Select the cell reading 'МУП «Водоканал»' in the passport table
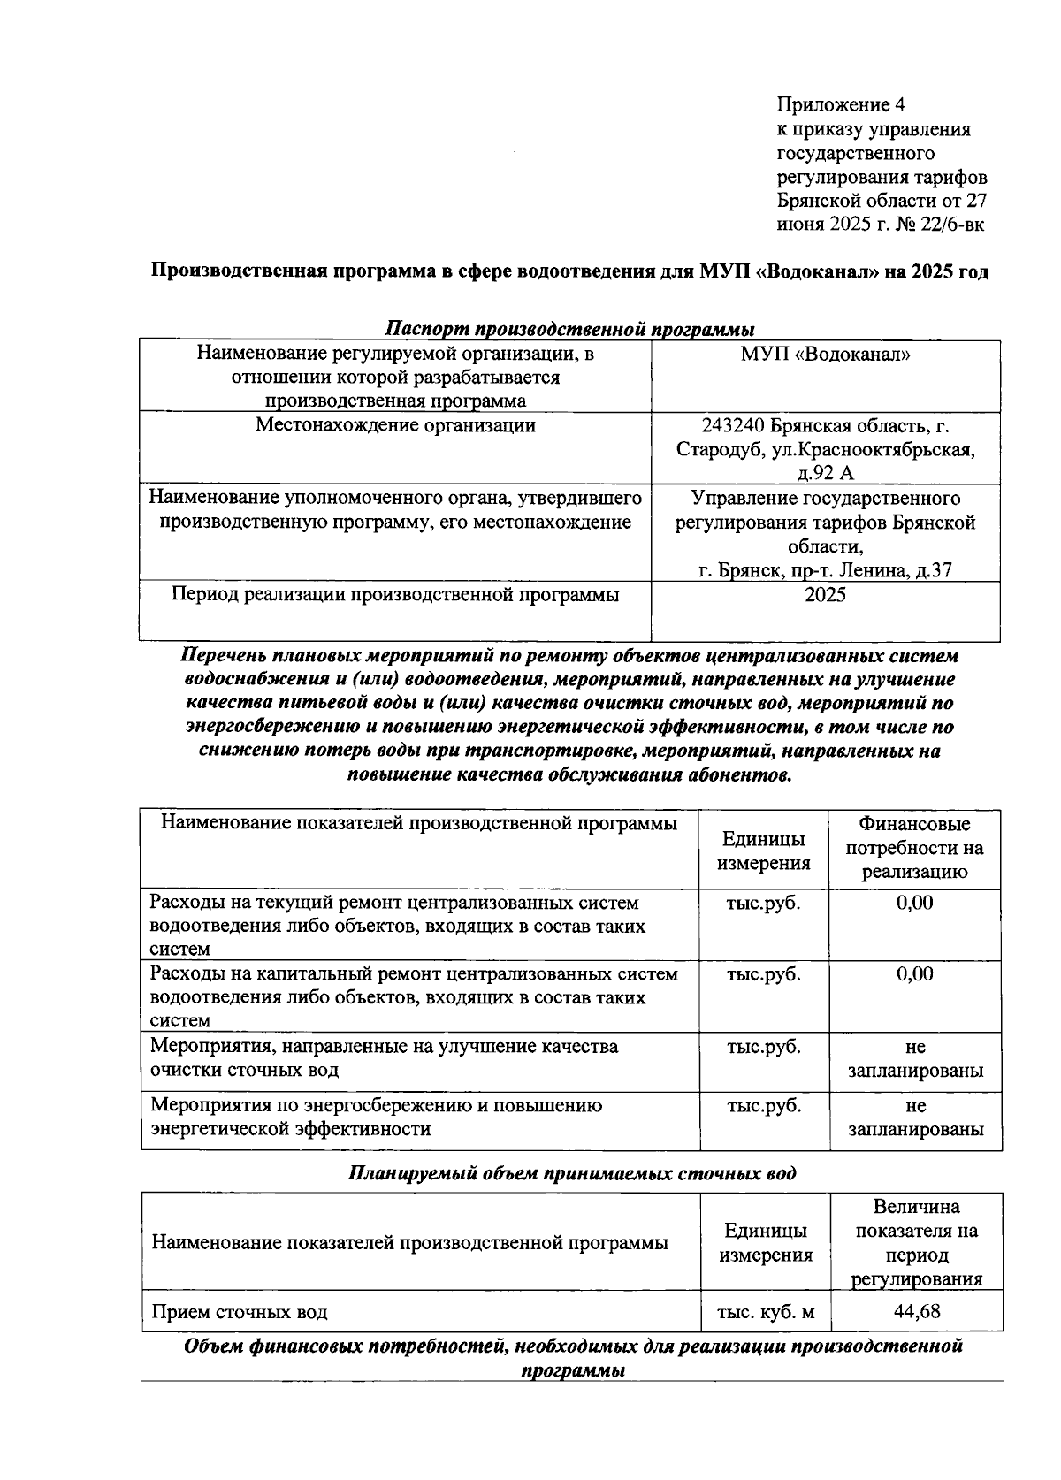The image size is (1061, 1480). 825,355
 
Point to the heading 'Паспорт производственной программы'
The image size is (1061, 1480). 569,330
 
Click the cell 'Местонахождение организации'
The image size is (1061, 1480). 395,425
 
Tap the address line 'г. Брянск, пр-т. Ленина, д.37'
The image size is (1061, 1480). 825,570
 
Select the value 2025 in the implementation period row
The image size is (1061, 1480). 825,594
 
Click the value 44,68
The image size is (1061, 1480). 916,1311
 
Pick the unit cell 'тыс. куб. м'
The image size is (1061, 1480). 765,1312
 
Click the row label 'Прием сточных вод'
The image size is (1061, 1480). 240,1312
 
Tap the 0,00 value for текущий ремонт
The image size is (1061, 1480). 914,903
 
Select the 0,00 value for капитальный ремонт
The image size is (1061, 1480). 914,974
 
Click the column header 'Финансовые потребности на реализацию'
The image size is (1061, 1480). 914,848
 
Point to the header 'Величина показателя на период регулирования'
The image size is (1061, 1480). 916,1242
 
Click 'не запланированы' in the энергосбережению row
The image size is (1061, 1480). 915,1118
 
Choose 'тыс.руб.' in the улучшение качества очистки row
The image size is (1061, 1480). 763,1047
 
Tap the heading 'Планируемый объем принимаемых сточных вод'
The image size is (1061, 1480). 571,1173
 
